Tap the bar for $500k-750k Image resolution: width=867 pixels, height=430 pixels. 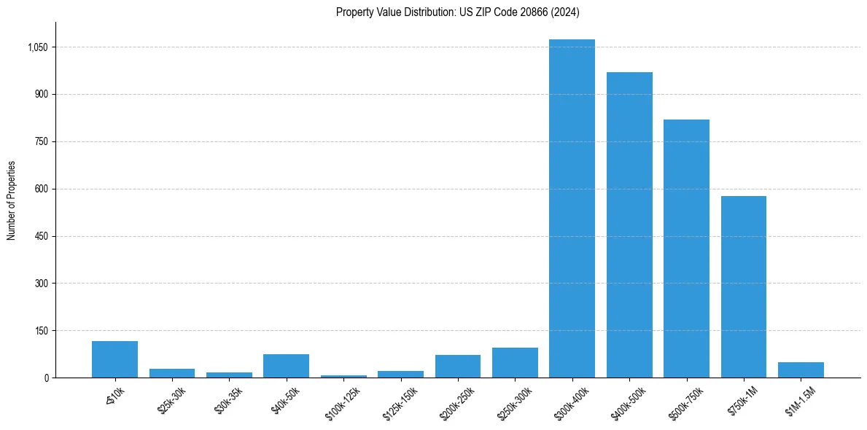(686, 249)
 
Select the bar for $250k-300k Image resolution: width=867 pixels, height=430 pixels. (515, 363)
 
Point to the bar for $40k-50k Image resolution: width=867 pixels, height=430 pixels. (286, 366)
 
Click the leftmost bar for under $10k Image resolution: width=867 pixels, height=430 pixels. (114, 359)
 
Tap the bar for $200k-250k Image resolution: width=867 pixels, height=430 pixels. (458, 367)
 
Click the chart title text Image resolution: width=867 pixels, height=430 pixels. (458, 12)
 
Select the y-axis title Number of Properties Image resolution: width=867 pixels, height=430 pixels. (12, 200)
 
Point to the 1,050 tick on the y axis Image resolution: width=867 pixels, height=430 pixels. (38, 47)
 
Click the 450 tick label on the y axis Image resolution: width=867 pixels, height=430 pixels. (42, 236)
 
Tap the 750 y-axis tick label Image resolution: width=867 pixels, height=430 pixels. (42, 141)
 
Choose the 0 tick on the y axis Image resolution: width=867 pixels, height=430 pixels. (46, 378)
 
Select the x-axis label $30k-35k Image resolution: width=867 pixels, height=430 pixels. (228, 398)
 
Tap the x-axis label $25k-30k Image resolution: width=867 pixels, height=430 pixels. (170, 398)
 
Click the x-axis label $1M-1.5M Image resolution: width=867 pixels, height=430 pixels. (798, 398)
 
